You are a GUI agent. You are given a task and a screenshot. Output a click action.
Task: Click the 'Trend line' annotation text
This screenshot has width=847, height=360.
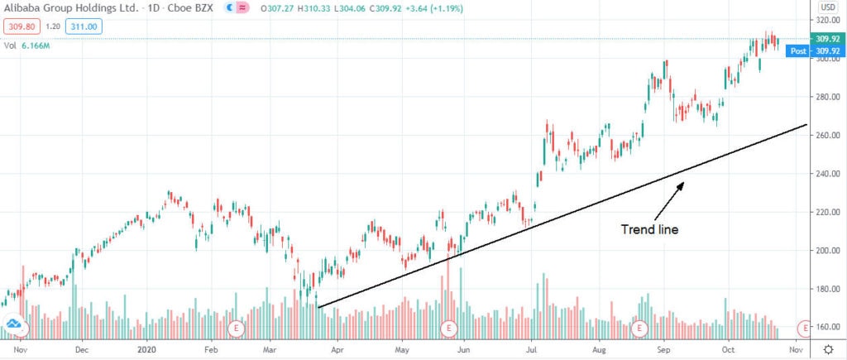click(x=649, y=228)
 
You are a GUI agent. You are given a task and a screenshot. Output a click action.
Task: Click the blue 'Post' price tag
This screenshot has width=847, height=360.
click(x=798, y=50)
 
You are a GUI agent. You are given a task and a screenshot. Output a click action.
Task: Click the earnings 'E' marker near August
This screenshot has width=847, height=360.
click(x=639, y=328)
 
